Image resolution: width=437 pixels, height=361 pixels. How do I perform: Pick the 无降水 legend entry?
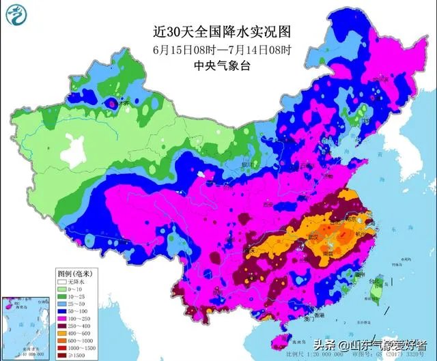74,281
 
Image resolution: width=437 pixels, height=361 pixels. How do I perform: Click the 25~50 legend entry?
74,303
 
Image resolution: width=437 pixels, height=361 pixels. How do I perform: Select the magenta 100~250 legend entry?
74,318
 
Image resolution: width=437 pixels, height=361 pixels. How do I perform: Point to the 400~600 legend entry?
74,332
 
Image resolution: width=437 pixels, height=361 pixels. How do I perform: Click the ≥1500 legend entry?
74,354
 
